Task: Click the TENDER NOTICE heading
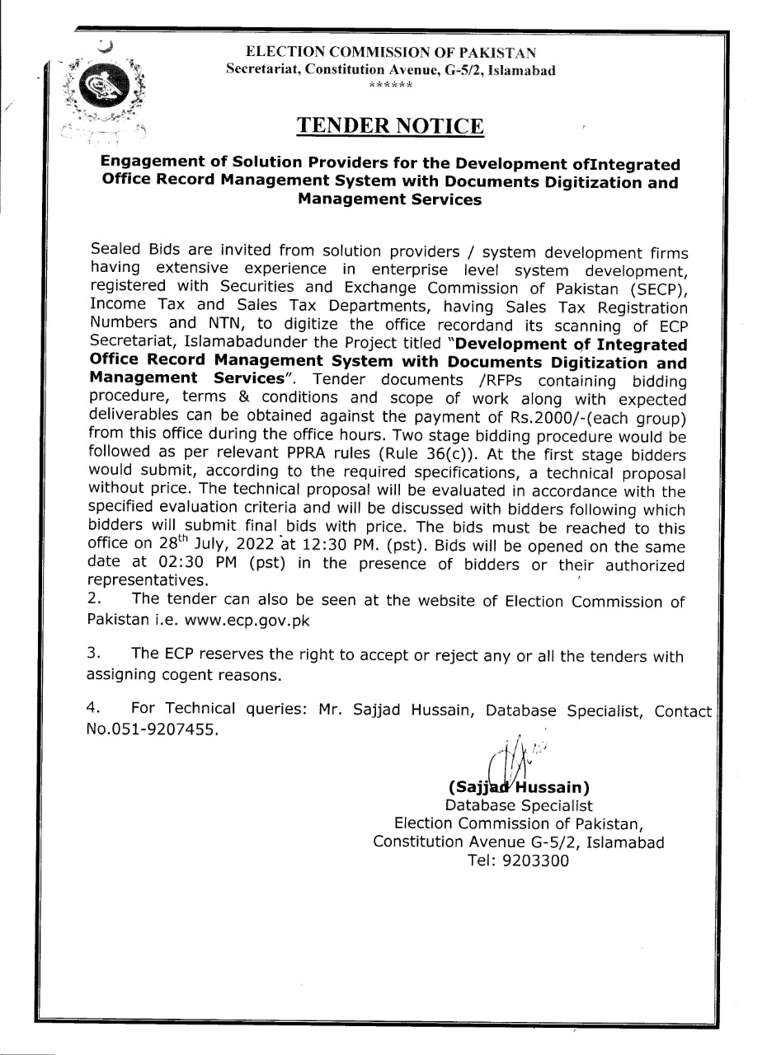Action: coord(390,125)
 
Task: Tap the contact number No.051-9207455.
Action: coord(153,729)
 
